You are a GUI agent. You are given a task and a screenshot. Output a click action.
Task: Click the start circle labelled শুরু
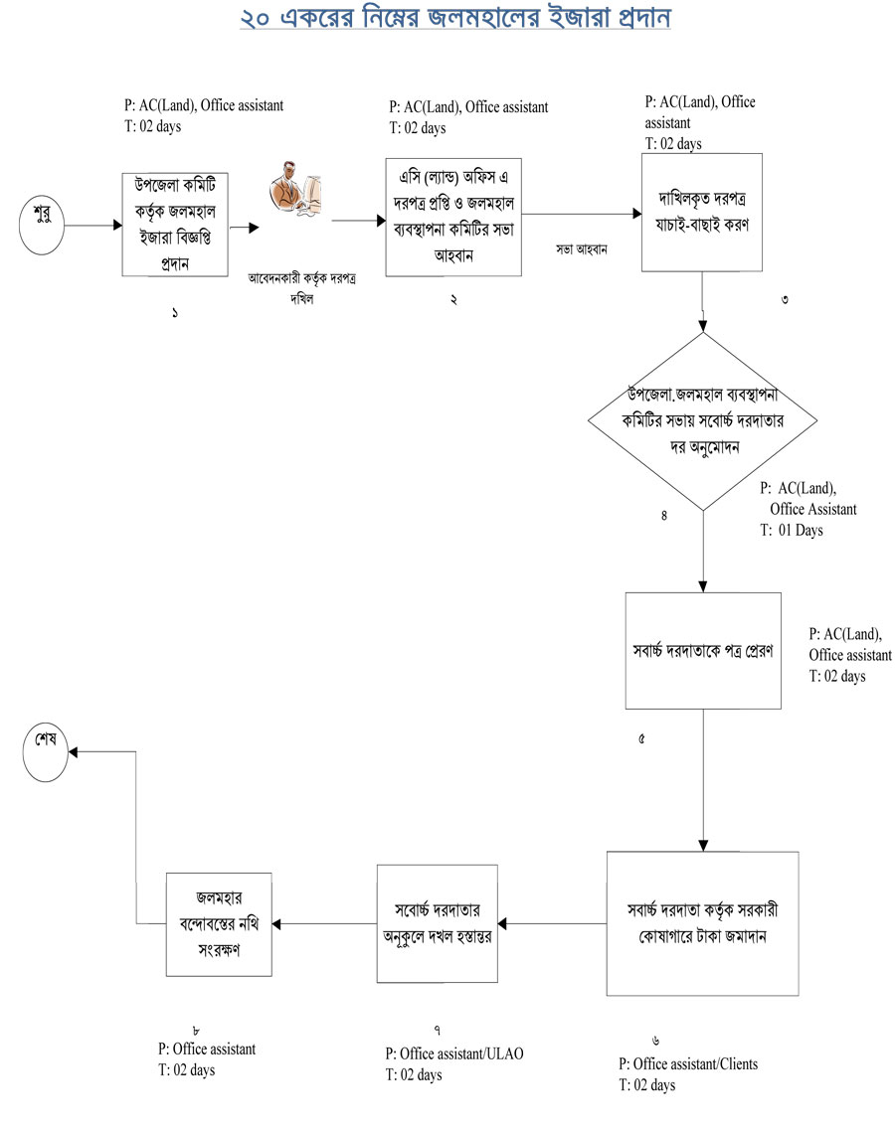click(x=43, y=224)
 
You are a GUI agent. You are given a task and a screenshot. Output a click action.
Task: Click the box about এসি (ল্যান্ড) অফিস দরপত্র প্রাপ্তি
click(x=453, y=216)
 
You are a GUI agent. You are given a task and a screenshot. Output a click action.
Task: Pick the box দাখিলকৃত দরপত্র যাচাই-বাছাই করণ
click(x=702, y=212)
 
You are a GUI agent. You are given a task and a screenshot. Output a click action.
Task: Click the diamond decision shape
click(x=703, y=421)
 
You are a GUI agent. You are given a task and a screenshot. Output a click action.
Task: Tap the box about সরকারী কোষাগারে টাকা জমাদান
click(x=703, y=923)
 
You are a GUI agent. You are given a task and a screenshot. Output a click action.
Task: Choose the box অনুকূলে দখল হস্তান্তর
click(x=437, y=923)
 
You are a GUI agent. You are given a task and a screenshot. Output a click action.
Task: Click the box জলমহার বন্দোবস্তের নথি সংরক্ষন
click(x=218, y=923)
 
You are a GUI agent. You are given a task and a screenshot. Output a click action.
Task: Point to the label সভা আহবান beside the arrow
click(x=583, y=247)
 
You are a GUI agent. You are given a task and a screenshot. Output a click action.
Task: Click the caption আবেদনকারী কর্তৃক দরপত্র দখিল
click(x=302, y=287)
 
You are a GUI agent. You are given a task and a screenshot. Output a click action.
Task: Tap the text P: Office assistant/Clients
click(x=688, y=1064)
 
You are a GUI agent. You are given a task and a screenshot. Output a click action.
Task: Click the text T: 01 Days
click(x=793, y=531)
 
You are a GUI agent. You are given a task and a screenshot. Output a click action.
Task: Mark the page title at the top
click(x=454, y=21)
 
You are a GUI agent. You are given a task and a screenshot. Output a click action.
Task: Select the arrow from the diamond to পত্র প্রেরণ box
click(x=703, y=552)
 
